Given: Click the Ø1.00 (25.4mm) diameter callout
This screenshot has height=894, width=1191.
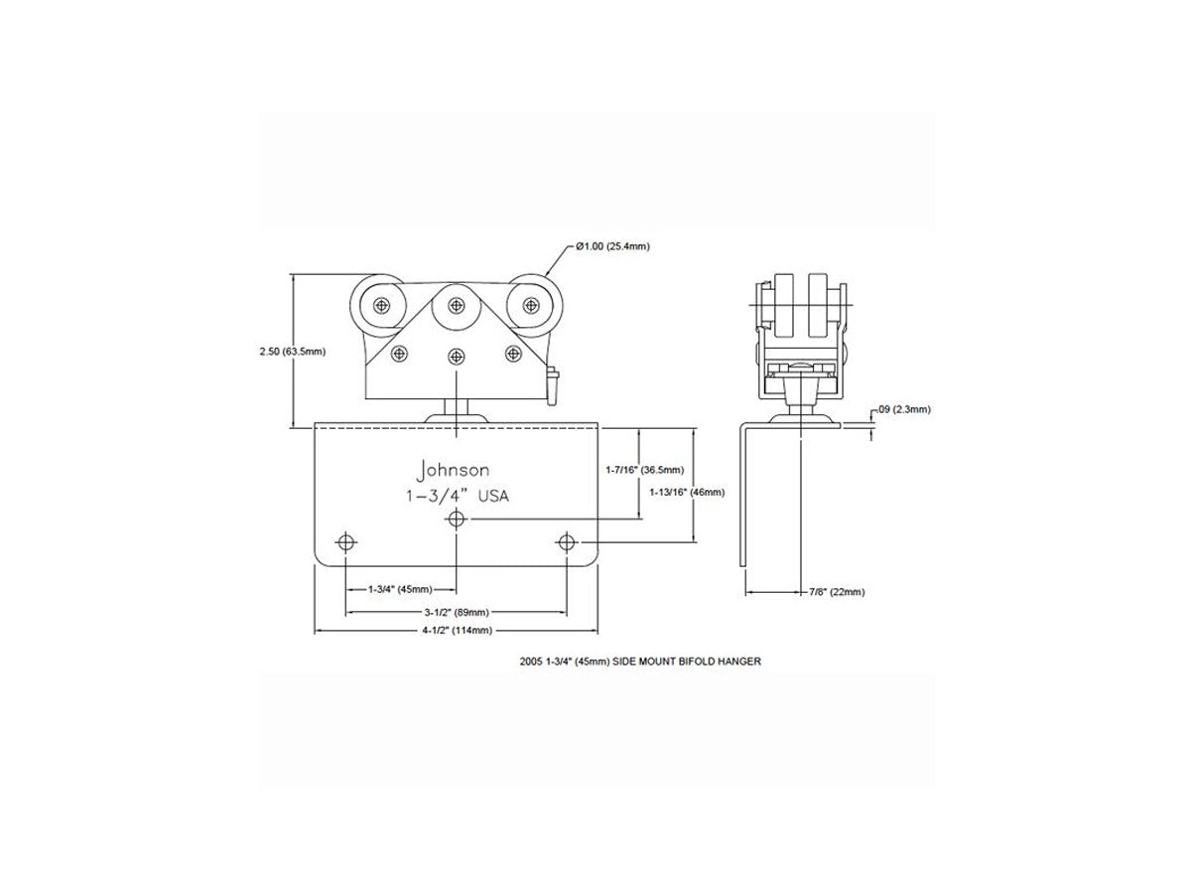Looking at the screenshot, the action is (612, 246).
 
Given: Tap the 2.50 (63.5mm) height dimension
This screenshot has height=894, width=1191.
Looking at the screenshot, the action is (293, 352).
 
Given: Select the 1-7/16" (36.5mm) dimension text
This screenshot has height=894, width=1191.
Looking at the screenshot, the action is (644, 470).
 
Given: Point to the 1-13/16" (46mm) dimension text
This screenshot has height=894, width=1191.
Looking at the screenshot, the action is (687, 493).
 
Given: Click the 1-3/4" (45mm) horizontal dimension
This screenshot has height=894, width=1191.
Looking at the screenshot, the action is (400, 589).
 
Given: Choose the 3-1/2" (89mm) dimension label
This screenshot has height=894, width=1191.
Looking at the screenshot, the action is (457, 612).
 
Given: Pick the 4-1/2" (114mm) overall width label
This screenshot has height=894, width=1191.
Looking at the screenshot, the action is (458, 630).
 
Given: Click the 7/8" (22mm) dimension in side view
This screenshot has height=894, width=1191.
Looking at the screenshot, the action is (837, 592).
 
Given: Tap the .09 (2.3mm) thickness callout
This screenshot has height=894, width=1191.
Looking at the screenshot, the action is (904, 409).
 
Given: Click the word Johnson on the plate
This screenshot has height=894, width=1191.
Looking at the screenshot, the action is (453, 470).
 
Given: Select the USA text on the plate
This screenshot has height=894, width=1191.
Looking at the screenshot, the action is (492, 496).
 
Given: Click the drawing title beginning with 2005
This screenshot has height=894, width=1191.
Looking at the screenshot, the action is (640, 662).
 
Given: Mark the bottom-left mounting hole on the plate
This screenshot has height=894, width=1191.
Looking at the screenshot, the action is (345, 542).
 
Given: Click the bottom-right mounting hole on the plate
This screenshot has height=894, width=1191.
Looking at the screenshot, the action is (567, 542).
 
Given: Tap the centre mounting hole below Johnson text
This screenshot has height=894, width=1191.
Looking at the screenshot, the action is (457, 520).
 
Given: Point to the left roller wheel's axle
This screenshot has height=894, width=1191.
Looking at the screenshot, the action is (382, 306).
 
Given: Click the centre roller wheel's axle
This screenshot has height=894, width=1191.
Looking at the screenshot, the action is (457, 306).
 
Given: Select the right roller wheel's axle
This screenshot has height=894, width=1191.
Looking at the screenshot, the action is (530, 306).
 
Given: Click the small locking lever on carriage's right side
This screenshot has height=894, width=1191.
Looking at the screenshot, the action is (553, 386).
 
